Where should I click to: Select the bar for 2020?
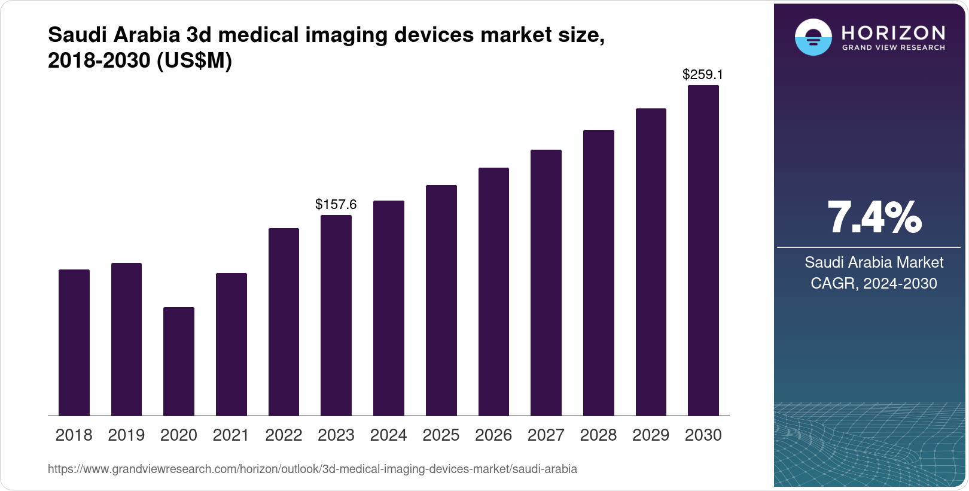[178, 361]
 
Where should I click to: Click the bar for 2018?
[74, 343]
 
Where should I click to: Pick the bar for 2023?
[336, 315]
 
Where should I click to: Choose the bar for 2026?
[493, 292]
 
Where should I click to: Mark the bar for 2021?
[231, 344]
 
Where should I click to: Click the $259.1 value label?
[703, 75]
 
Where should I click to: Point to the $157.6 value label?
[336, 205]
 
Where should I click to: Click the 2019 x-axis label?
[126, 435]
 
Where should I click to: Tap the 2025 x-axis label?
[441, 435]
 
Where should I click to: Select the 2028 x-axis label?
[598, 435]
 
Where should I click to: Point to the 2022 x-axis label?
[284, 435]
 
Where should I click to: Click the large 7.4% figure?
[874, 218]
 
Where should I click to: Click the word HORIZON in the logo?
[893, 32]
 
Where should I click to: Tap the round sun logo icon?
[813, 37]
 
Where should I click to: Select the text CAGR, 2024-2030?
[873, 283]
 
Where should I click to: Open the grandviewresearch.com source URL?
[312, 469]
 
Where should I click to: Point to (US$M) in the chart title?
[194, 61]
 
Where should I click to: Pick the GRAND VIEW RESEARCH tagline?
[893, 48]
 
